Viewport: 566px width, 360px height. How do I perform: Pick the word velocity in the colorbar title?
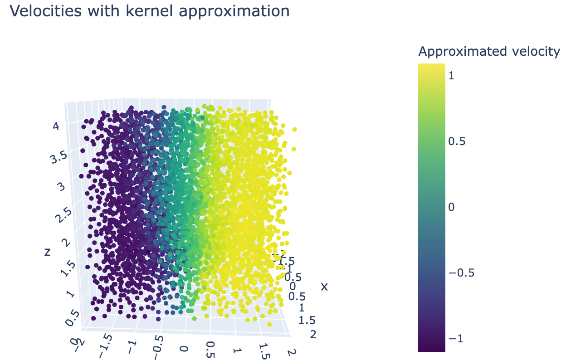[x=535, y=52]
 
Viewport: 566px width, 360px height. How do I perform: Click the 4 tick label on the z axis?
[x=56, y=126]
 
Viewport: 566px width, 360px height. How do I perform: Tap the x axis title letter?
[x=324, y=287]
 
